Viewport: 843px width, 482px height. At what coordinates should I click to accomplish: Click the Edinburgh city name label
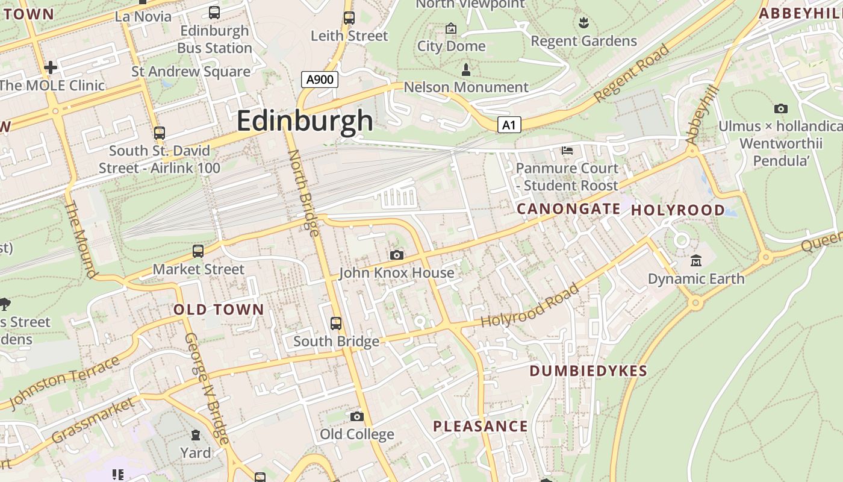point(305,120)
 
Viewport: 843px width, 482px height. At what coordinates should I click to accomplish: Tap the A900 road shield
point(319,80)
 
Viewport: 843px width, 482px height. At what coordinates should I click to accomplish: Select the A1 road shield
point(509,125)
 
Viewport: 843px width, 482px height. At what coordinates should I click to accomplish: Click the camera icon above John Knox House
point(396,255)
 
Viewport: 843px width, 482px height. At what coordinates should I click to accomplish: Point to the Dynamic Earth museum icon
point(696,261)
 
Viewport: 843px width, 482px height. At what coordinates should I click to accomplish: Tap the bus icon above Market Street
point(198,251)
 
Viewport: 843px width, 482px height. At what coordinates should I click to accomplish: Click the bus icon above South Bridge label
point(336,324)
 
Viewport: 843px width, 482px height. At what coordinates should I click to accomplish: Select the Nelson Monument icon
point(465,70)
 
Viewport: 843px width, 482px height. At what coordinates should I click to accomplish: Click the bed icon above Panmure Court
point(567,150)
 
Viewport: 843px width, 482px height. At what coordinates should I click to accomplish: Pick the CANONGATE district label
point(568,209)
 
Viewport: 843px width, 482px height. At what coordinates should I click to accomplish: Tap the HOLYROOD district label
point(677,210)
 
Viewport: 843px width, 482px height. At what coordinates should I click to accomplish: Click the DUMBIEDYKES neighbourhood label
point(588,371)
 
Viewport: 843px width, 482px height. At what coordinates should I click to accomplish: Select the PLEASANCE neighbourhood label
point(480,427)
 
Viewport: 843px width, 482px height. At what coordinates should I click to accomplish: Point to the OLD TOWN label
point(219,310)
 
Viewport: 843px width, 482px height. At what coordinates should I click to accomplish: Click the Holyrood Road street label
point(530,306)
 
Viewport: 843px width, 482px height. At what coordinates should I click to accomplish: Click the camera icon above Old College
point(356,416)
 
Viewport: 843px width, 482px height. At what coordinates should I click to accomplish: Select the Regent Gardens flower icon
point(583,23)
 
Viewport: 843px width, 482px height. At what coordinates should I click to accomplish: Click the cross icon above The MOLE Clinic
point(51,67)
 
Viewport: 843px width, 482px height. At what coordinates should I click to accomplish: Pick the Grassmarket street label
point(93,421)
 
